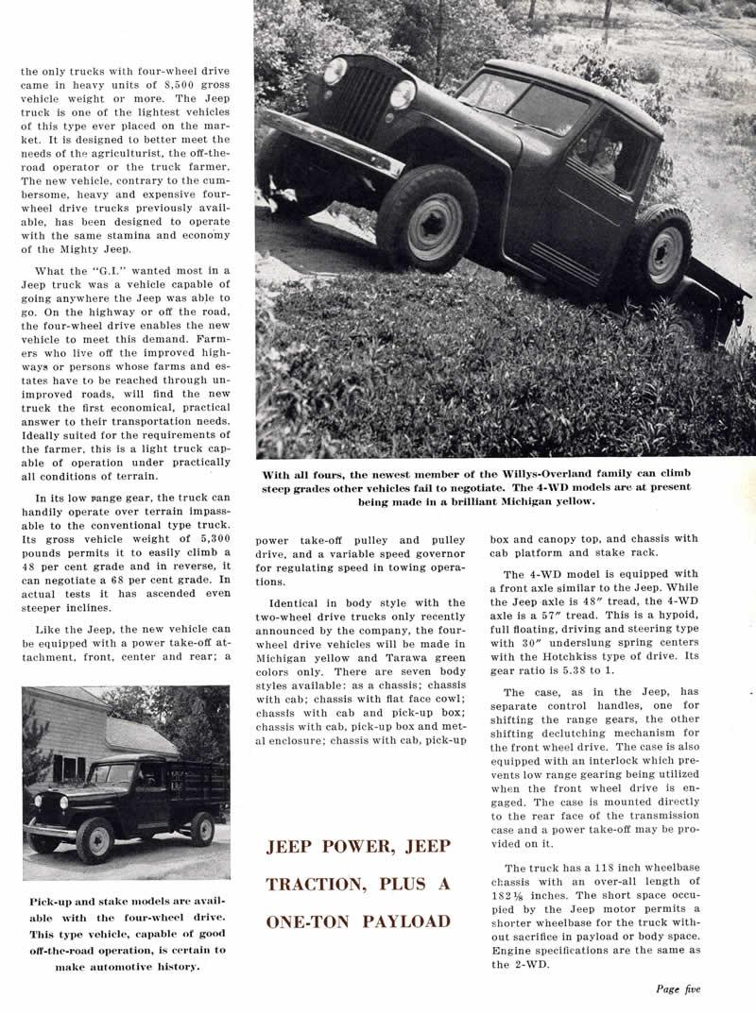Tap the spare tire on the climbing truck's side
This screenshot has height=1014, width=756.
click(x=660, y=254)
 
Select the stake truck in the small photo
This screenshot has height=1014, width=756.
click(x=128, y=797)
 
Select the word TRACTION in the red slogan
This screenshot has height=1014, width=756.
click(x=314, y=885)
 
